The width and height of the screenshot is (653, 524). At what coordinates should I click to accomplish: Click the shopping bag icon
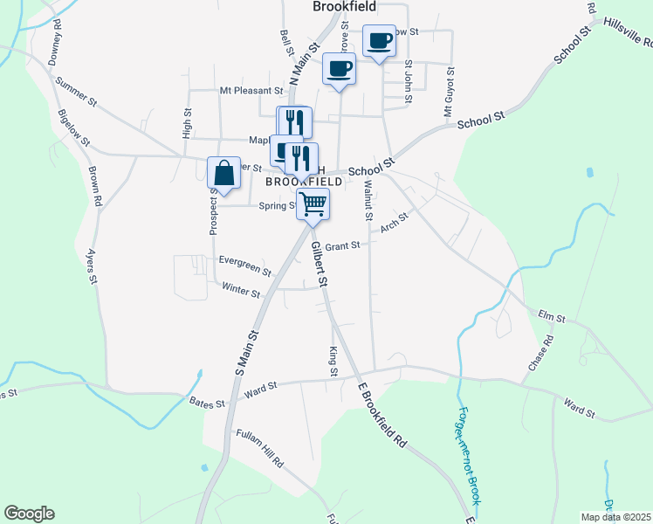pos(224,173)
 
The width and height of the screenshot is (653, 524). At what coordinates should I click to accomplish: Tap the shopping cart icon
pos(313,204)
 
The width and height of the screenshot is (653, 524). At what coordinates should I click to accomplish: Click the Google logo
pos(29,514)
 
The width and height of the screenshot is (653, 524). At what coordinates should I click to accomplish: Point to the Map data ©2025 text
pos(615,517)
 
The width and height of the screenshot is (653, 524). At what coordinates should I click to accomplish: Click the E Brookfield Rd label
pos(382,413)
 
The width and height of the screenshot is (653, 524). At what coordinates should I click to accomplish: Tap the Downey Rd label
pos(58,38)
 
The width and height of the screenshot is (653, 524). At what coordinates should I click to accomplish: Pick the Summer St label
pos(73,93)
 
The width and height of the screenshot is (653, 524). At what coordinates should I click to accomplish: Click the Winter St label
pos(242,290)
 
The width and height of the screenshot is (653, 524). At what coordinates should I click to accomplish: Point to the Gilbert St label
pos(319,265)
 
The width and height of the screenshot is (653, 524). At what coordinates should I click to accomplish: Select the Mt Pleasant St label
pos(251,90)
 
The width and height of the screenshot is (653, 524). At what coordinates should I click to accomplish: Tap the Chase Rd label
pos(540,357)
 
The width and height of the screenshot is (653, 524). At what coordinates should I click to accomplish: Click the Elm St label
pos(553,314)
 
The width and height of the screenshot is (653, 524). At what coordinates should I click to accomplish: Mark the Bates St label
pos(208,402)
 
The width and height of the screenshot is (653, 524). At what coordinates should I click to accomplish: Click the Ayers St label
pos(90,267)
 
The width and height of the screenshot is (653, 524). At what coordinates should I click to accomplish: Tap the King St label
pos(333,361)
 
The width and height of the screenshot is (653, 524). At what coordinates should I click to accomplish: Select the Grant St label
pos(343,246)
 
